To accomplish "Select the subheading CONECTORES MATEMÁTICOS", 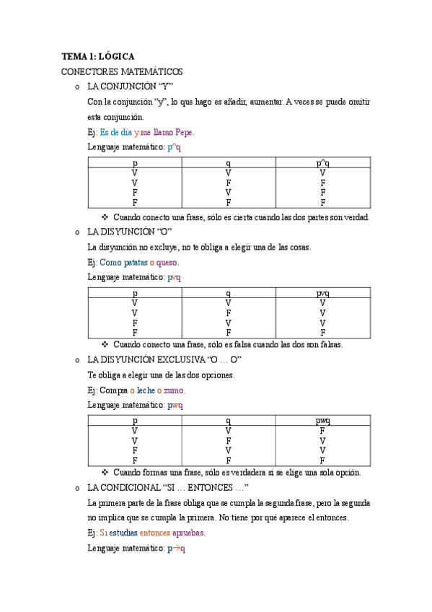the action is pos(122,71).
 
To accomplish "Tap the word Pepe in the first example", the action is pos(183,132).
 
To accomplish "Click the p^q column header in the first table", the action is pos(323,164).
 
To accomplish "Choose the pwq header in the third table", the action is pos(323,421).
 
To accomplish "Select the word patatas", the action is pos(139,262).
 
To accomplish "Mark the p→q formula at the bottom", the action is pos(177,548).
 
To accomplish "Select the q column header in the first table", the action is pos(228,164).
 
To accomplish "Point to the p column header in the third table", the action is pos(135,421).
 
